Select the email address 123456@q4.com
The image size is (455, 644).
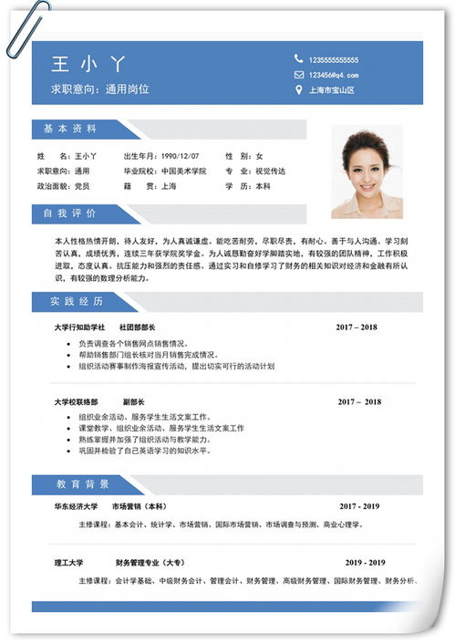pyautogui.click(x=333, y=75)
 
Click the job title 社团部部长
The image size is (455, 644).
pyautogui.click(x=138, y=327)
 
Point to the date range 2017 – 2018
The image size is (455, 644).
pyautogui.click(x=357, y=327)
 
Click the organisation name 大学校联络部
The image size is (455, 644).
pyautogui.click(x=76, y=401)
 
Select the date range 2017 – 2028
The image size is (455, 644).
pyautogui.click(x=359, y=401)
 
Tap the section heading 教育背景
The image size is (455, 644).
pyautogui.click(x=82, y=483)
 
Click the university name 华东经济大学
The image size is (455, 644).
pyautogui.click(x=76, y=505)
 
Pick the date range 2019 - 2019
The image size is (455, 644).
pyautogui.click(x=365, y=563)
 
